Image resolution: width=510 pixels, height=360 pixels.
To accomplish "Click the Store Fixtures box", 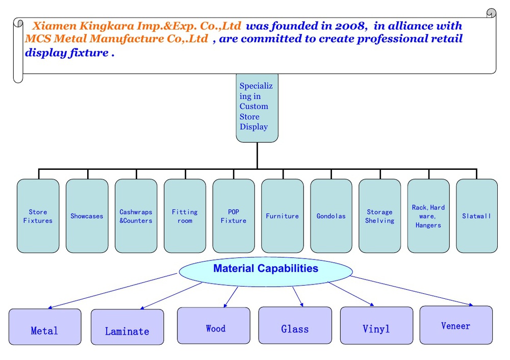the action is pos(38,216).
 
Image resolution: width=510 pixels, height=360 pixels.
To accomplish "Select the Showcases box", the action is pos(87,216).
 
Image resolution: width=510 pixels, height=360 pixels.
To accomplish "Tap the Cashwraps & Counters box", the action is pos(136,216).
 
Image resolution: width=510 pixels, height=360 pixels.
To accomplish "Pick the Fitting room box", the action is pos(185,216).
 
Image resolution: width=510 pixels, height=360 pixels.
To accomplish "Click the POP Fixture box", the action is pos(234,216).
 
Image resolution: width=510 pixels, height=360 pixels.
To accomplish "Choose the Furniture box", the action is pos(283,216).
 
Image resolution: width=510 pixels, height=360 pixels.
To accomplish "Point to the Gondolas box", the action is pos(331,216).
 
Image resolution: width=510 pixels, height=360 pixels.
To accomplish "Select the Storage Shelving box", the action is pos(380,216).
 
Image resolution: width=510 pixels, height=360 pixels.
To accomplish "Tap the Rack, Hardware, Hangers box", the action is pos(428,216).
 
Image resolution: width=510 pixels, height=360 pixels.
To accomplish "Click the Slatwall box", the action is pos(477,216).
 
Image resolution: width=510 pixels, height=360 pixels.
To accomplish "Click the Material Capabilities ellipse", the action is pos(266,272).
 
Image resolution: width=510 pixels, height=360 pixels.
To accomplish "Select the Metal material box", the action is pos(45,327).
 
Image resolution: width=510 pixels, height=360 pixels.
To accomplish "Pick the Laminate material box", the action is pos(127,327).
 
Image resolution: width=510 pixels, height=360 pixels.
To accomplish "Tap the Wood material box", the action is pos(214,325).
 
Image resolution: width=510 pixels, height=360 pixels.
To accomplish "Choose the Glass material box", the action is pos(295,325).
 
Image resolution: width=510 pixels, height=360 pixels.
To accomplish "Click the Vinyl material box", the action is pos(377,325).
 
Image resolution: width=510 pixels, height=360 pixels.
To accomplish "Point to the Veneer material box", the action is pos(456,325).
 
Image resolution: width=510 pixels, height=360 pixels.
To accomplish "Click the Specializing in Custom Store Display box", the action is pos(257,108).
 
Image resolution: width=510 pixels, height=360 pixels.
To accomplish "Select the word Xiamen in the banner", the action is pos(55,25).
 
